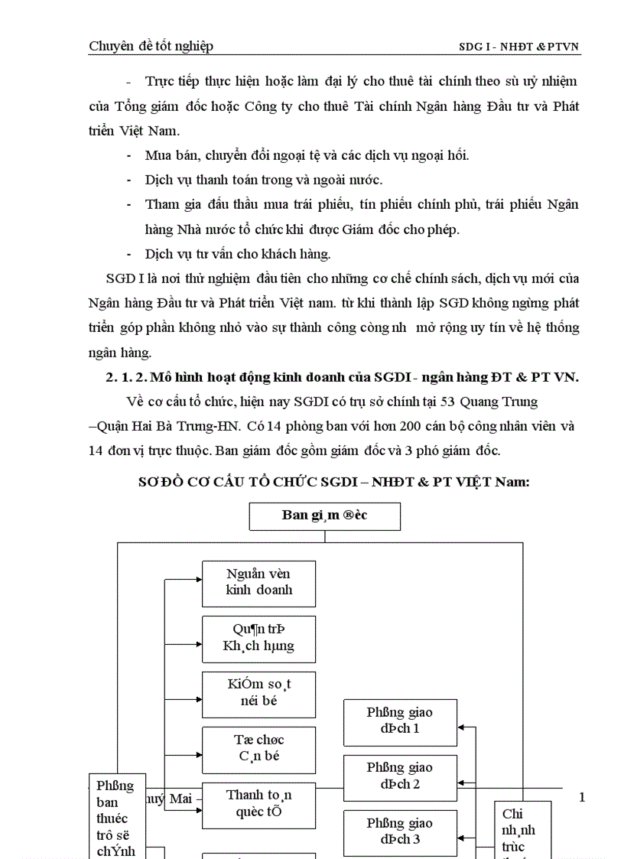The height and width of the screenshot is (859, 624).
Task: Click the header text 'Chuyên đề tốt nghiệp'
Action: (151, 46)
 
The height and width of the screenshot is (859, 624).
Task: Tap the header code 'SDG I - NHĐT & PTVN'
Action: (518, 47)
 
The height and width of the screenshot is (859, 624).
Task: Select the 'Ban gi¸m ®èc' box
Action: (324, 516)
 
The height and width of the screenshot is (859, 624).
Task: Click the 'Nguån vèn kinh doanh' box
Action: (258, 582)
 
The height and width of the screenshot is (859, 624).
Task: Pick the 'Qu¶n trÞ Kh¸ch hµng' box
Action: (258, 638)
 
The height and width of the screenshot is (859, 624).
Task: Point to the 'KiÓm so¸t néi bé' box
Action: (258, 693)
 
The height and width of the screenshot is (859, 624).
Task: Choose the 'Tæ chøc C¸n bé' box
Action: (258, 749)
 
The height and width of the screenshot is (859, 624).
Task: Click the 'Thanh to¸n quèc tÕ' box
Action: (258, 804)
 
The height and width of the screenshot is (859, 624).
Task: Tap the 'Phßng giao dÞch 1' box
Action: (400, 721)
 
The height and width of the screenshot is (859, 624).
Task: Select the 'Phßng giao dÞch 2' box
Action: (400, 776)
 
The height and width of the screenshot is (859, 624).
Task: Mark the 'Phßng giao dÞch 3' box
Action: (400, 831)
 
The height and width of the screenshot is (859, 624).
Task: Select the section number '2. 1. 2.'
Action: (125, 377)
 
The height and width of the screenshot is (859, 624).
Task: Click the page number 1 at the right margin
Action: (582, 798)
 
